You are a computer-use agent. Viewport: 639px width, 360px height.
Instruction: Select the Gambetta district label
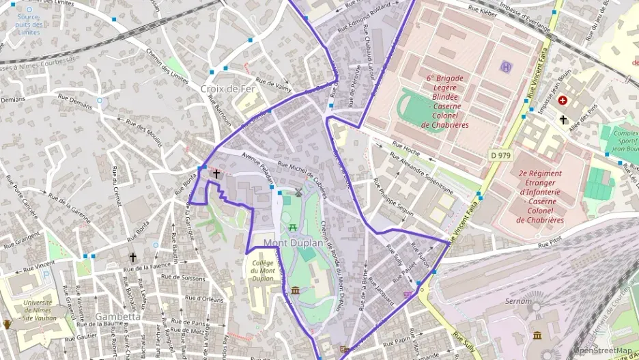pyautogui.click(x=118, y=316)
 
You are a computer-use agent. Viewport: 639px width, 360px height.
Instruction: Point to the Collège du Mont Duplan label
pyautogui.click(x=263, y=271)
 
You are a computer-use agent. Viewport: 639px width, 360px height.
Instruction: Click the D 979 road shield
pyautogui.click(x=500, y=156)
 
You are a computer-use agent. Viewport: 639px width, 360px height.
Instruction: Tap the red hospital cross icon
pyautogui.click(x=563, y=100)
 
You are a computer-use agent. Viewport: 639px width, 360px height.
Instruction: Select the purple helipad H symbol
pyautogui.click(x=506, y=66)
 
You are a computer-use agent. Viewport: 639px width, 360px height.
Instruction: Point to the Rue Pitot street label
pyautogui.click(x=549, y=243)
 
